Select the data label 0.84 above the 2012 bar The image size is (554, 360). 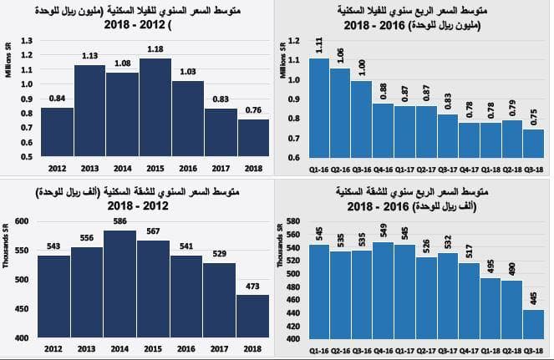pos(57,98)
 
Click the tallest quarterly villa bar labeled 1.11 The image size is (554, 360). pos(319,105)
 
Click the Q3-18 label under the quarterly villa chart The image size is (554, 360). pos(533,168)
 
